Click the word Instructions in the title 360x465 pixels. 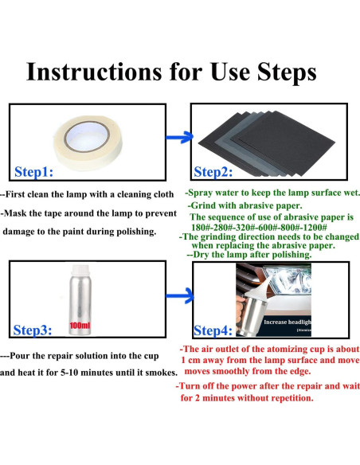(94, 72)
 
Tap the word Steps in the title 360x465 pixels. (287, 72)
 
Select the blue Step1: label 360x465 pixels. (33, 172)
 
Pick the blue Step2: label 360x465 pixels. (213, 172)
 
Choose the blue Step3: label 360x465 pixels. (33, 330)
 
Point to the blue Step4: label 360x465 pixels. (213, 330)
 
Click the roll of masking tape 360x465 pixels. (88, 143)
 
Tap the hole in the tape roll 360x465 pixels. (87, 136)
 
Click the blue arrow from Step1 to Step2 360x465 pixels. (179, 137)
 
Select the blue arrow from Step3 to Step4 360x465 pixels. (180, 295)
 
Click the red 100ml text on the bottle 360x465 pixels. (80, 326)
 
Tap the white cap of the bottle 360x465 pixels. (80, 271)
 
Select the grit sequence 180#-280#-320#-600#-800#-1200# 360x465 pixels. (259, 228)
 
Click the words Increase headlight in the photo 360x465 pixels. (288, 322)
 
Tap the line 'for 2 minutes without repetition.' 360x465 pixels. (247, 398)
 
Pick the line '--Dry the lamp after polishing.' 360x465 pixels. (249, 255)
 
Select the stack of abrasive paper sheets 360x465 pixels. (267, 143)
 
